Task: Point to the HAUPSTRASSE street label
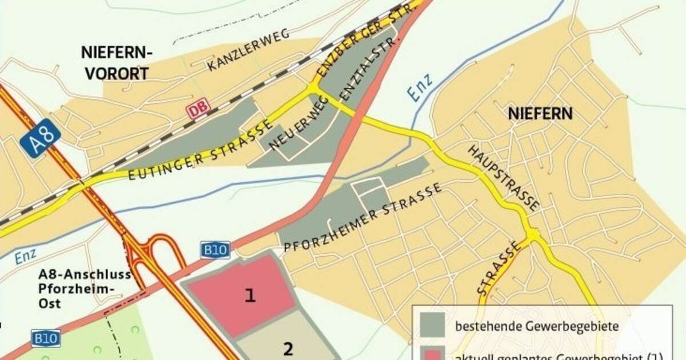(x=503, y=177)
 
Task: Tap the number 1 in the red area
(x=250, y=295)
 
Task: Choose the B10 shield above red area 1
(x=215, y=250)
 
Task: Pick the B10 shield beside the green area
(x=45, y=338)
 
